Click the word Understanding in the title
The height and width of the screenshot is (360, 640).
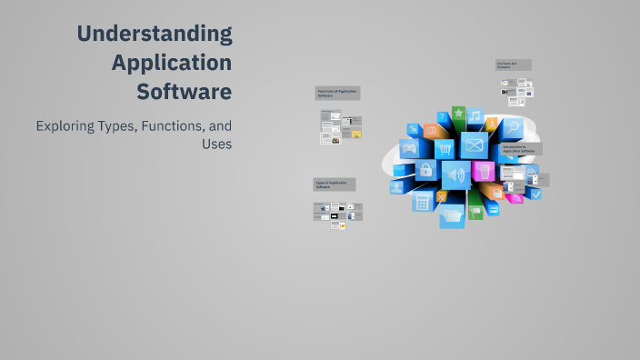[154, 35]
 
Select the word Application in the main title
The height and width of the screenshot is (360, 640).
[171, 63]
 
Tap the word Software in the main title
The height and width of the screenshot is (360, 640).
[184, 92]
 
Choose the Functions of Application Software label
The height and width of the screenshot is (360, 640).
[337, 93]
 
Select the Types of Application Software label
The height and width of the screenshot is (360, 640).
[335, 185]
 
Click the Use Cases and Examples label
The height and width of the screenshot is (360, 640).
[513, 65]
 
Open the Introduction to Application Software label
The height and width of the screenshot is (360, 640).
[521, 148]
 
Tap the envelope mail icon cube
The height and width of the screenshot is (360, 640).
[474, 145]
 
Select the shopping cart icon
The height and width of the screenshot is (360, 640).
[445, 149]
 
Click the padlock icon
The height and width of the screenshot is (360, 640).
[425, 170]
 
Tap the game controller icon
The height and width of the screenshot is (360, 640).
[410, 149]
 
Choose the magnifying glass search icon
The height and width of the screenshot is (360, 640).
[512, 127]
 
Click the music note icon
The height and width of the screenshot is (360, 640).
[475, 116]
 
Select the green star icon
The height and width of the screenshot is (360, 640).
[459, 115]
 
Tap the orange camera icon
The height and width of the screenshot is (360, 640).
[432, 131]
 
